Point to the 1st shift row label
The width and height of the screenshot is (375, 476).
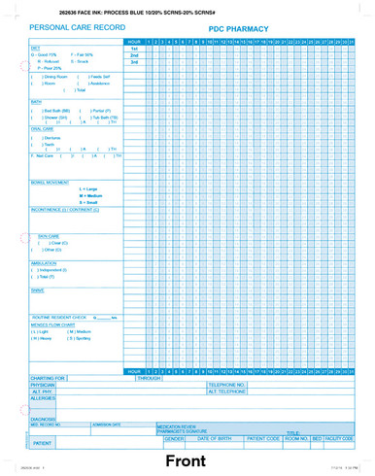tap(134, 50)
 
